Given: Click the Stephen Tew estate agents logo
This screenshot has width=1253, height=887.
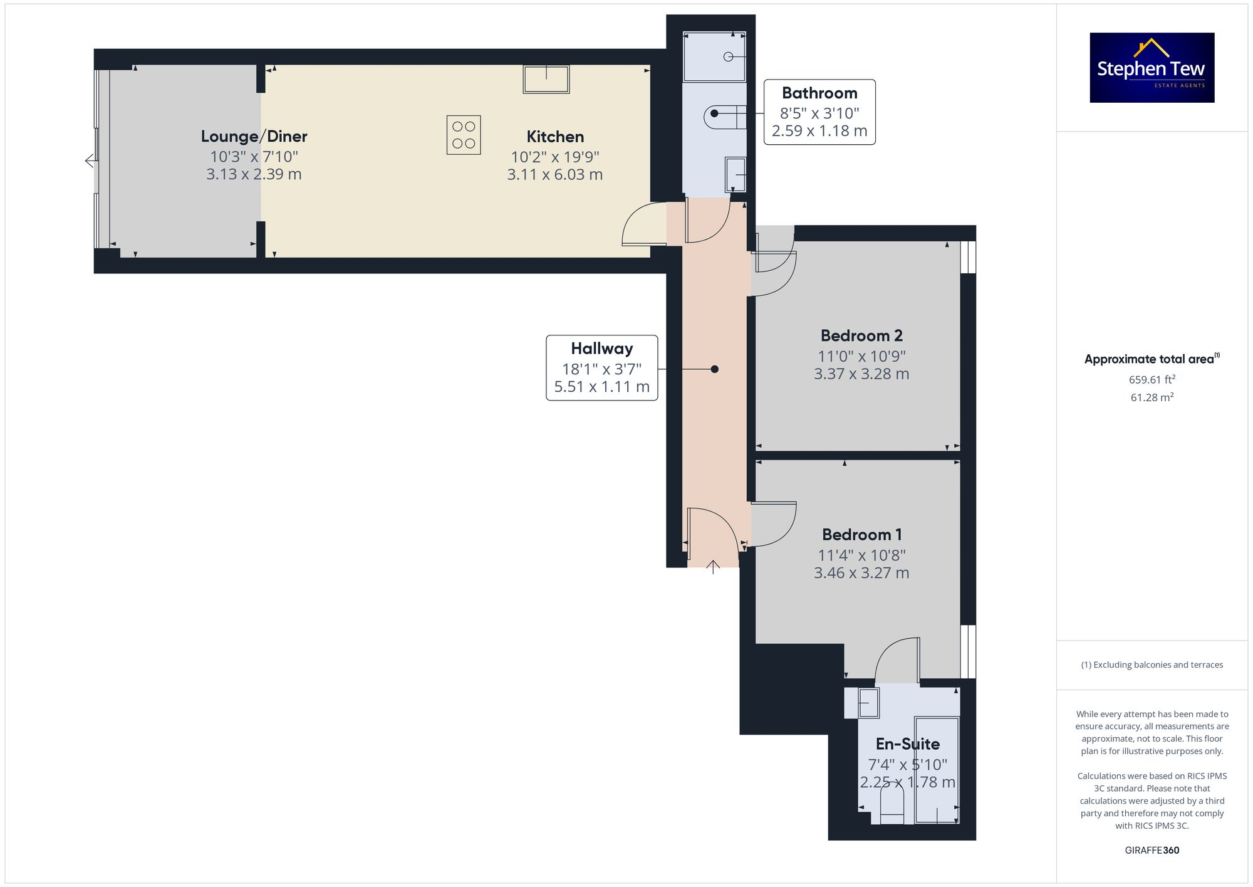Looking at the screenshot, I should [x=1152, y=68].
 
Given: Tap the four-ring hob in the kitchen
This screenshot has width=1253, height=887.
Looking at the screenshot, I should [x=464, y=135].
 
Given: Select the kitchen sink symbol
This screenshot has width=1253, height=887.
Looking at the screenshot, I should [x=546, y=80].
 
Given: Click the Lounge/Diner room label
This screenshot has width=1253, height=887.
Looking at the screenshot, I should [x=254, y=136].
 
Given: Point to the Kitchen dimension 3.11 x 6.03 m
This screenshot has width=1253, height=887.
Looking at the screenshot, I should [x=554, y=174].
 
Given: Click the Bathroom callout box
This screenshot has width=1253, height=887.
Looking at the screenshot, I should [x=819, y=112].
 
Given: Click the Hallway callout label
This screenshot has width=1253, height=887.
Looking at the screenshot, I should [x=601, y=368].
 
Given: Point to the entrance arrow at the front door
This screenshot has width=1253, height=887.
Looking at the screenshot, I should [x=713, y=566].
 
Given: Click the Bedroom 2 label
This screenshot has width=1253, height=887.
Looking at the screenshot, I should [x=861, y=335].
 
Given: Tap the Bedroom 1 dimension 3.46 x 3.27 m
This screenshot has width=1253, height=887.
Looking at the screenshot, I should [x=861, y=572].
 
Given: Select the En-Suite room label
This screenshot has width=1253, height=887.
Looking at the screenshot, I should [x=907, y=744].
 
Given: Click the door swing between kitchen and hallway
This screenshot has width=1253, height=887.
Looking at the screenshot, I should [x=644, y=224].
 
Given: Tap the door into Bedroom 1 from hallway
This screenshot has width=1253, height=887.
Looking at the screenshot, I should [x=773, y=523].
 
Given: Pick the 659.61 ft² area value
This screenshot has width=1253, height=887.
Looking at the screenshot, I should [x=1152, y=379].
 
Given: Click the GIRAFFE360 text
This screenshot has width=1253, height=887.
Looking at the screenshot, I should [x=1152, y=850].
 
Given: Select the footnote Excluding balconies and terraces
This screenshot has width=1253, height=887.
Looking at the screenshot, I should [x=1152, y=664].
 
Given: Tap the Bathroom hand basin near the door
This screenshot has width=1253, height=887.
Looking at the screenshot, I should [x=736, y=174].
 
